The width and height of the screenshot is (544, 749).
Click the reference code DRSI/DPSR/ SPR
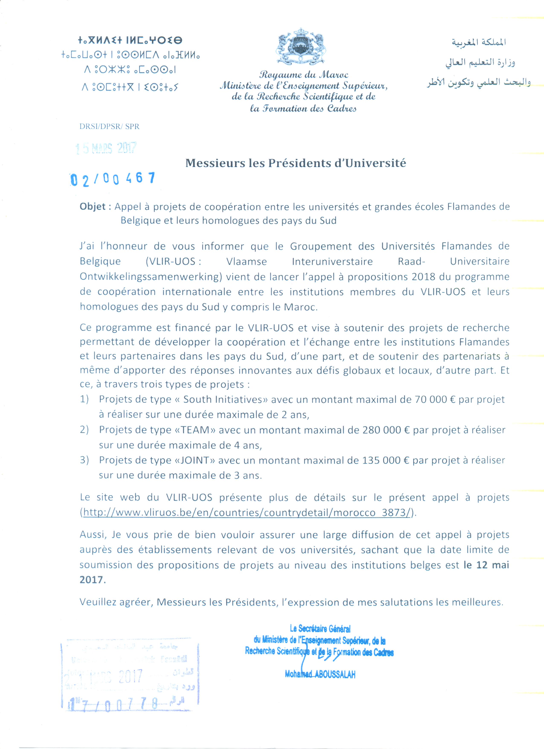click(x=109, y=127)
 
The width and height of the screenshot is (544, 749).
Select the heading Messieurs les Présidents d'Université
click(x=295, y=163)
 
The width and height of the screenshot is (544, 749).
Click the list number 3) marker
click(x=84, y=460)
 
